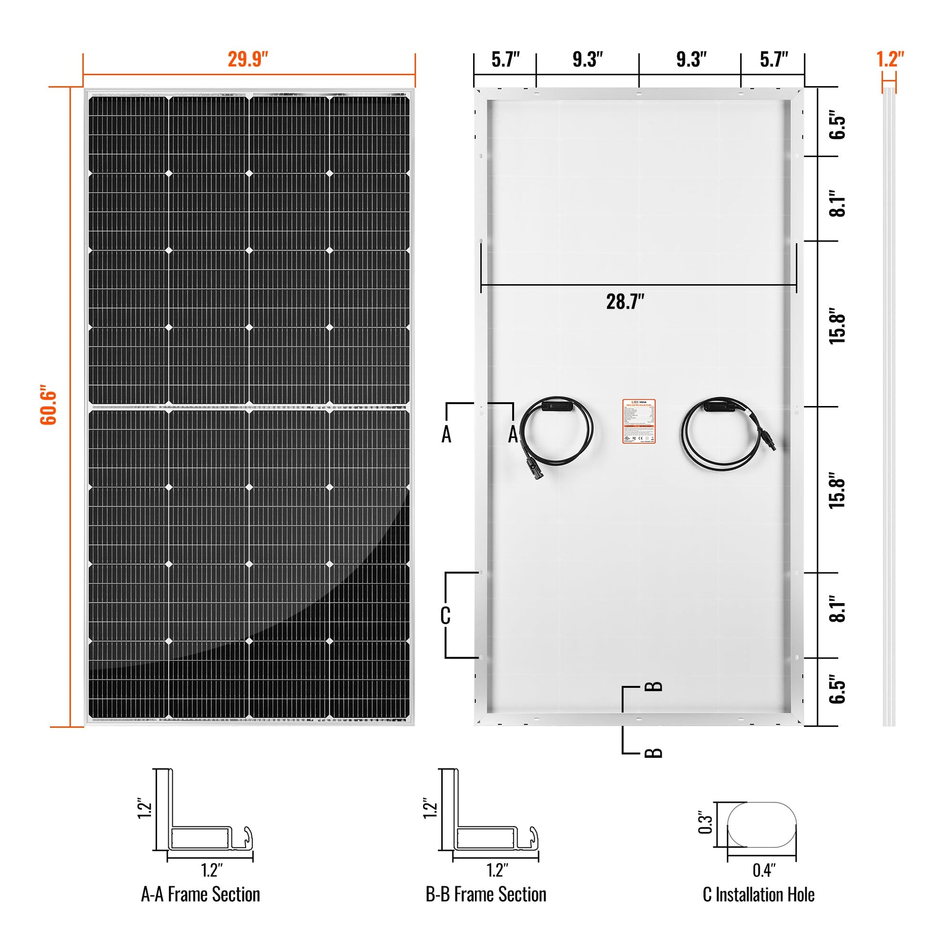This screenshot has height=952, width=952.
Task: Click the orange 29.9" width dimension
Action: pos(248,60)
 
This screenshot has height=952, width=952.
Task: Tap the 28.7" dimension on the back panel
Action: pos(625,301)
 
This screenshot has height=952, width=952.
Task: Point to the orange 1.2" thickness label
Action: pos(890,60)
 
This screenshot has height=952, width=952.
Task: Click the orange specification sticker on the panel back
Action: pos(638,421)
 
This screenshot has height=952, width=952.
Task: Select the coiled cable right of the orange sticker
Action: pos(725,433)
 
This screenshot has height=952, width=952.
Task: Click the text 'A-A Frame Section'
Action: pos(201,894)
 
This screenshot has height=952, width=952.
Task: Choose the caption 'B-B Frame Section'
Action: pos(486,894)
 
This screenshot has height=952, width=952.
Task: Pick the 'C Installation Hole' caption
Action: pos(758,894)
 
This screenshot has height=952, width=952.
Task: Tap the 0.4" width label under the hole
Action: pos(764,871)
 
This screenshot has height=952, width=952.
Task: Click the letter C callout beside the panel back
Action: pos(445,615)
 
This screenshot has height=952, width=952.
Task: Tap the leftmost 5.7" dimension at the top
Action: pos(505,60)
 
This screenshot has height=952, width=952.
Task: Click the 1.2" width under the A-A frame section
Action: pos(212,870)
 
